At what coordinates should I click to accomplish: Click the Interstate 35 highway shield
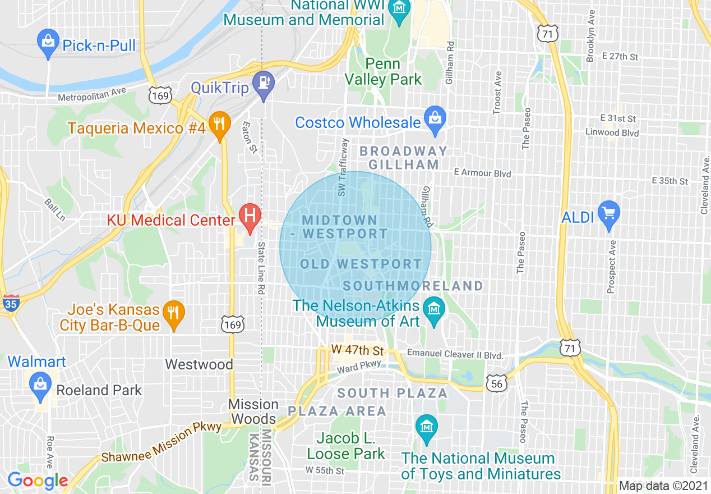tap(10, 303)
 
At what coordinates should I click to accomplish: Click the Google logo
tap(38, 481)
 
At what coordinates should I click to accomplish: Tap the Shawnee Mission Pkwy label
tap(161, 443)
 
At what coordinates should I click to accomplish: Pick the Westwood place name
tap(199, 364)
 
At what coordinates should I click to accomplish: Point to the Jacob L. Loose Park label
tap(346, 446)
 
